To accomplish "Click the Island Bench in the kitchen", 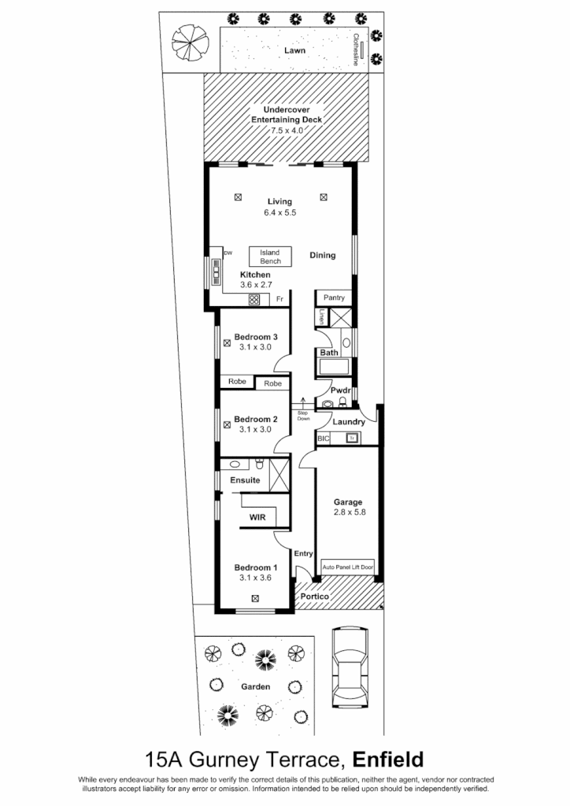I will [270, 257].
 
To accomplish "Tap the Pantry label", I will [335, 298].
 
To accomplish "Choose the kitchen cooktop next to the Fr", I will [254, 300].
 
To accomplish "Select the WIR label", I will [257, 517].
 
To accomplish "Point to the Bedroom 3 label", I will [256, 337].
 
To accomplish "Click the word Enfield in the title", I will [388, 760].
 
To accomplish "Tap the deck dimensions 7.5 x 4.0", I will [287, 129].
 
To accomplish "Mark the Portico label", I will [314, 597].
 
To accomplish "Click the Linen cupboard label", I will [322, 317].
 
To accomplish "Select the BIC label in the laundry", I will [323, 438].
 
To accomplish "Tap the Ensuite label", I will [245, 479].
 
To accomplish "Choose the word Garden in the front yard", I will [255, 686].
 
